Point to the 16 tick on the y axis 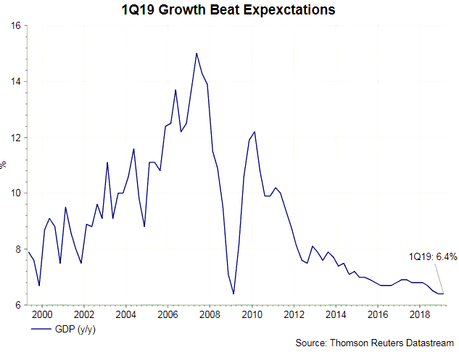click(15, 26)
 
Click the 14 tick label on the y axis click(15, 82)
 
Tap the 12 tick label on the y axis click(15, 138)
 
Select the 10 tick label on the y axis click(15, 193)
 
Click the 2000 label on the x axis click(42, 315)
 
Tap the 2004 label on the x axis click(126, 315)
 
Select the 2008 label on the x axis click(210, 315)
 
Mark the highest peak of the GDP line click(197, 53)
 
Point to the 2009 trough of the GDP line click(233, 293)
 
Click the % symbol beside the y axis click(4, 165)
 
